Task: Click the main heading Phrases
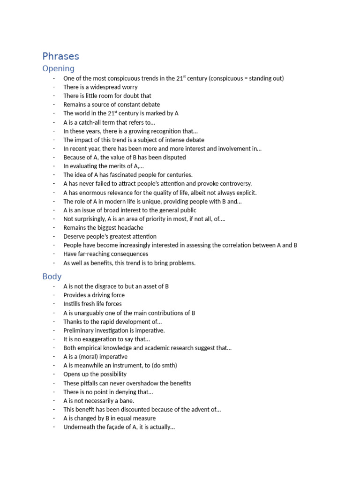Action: pos(60,57)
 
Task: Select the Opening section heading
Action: pos(58,69)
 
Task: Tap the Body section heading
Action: pos(52,277)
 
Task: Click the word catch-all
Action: pos(89,122)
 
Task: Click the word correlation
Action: pos(240,245)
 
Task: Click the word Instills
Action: pos(72,304)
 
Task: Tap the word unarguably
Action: pos(90,313)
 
